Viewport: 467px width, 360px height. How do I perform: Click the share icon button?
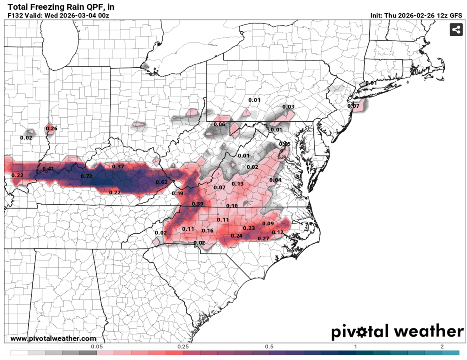456,30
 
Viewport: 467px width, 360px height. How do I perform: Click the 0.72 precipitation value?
86,177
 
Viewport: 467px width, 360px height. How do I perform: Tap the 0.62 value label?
162,182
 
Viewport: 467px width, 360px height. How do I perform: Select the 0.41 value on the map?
48,168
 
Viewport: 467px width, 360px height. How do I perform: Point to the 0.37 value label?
118,166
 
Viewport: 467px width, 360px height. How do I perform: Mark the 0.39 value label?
197,204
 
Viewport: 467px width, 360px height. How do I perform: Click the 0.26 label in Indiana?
51,128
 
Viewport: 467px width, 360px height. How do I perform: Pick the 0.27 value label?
264,238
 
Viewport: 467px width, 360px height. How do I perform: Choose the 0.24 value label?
237,236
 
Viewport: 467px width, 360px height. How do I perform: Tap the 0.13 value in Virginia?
237,183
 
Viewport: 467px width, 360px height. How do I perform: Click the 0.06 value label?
220,124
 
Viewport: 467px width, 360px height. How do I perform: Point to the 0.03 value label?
288,107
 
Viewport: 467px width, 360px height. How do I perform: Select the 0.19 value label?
177,193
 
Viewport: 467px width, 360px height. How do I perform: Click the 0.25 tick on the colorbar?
183,347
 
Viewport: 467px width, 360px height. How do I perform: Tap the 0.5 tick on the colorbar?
269,347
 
